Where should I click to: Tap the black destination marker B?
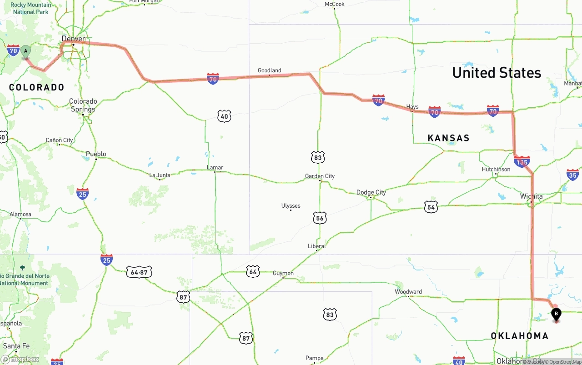pos(556,314)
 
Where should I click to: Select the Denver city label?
pos(74,39)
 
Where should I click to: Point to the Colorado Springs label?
pos(83,105)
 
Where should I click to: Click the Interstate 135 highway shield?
pos(522,161)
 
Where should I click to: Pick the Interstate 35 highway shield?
pos(572,175)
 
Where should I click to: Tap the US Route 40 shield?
pos(224,116)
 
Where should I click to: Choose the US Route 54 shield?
pos(431,207)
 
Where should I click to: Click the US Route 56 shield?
pos(320,218)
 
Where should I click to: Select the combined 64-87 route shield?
pos(139,272)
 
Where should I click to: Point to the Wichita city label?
pos(532,196)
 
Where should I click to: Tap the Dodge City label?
pos(371,192)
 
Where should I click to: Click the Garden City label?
pos(320,176)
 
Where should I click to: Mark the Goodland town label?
pos(269,70)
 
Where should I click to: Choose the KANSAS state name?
pos(448,138)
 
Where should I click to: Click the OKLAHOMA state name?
pos(519,335)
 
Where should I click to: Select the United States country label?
pos(497,73)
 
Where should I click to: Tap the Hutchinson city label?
pos(496,169)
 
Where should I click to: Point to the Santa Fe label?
pos(16,346)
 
